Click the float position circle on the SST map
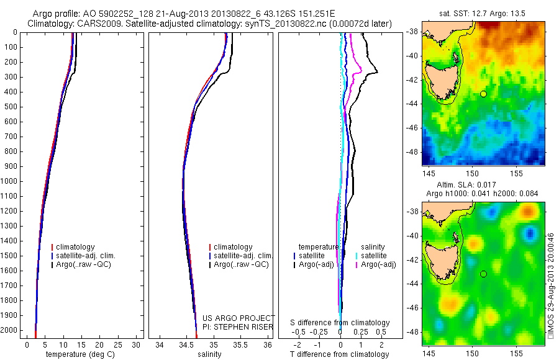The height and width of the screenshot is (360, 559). [x=483, y=94]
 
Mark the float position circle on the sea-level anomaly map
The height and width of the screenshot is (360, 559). [x=483, y=274]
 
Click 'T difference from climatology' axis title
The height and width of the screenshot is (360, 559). [x=339, y=354]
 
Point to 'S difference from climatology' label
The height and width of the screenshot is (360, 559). [x=340, y=323]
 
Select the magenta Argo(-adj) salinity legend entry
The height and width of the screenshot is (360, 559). [x=379, y=264]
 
